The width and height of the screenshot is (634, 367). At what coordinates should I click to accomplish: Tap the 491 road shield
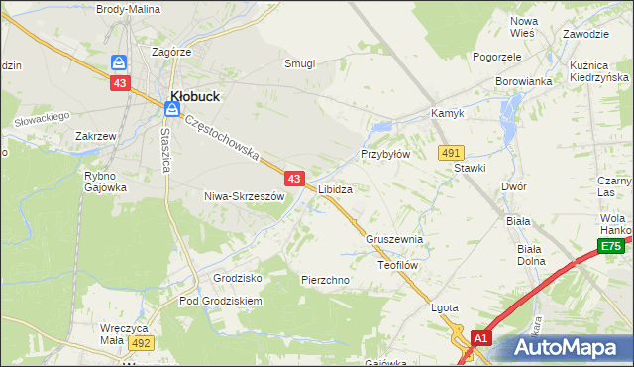452,152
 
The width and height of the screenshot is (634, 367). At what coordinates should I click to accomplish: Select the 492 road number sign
141,342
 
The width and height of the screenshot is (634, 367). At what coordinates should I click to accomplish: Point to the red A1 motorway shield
480,339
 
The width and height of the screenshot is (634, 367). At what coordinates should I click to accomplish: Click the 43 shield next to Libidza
294,179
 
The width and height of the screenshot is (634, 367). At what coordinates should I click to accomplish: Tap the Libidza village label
335,188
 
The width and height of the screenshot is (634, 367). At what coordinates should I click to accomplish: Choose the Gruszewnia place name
394,239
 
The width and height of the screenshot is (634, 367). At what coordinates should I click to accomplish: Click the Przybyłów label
384,155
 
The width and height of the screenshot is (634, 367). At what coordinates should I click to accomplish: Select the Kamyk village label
447,114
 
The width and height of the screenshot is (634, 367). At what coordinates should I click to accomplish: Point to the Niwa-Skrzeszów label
244,196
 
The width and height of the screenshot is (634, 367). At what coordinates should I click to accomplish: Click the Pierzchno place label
325,280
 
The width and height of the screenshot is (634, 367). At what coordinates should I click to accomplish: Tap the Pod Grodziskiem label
220,300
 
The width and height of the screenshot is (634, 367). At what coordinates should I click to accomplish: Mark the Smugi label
299,63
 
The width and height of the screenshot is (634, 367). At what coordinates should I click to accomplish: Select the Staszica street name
166,149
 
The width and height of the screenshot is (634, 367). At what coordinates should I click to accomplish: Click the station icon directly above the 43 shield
119,61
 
